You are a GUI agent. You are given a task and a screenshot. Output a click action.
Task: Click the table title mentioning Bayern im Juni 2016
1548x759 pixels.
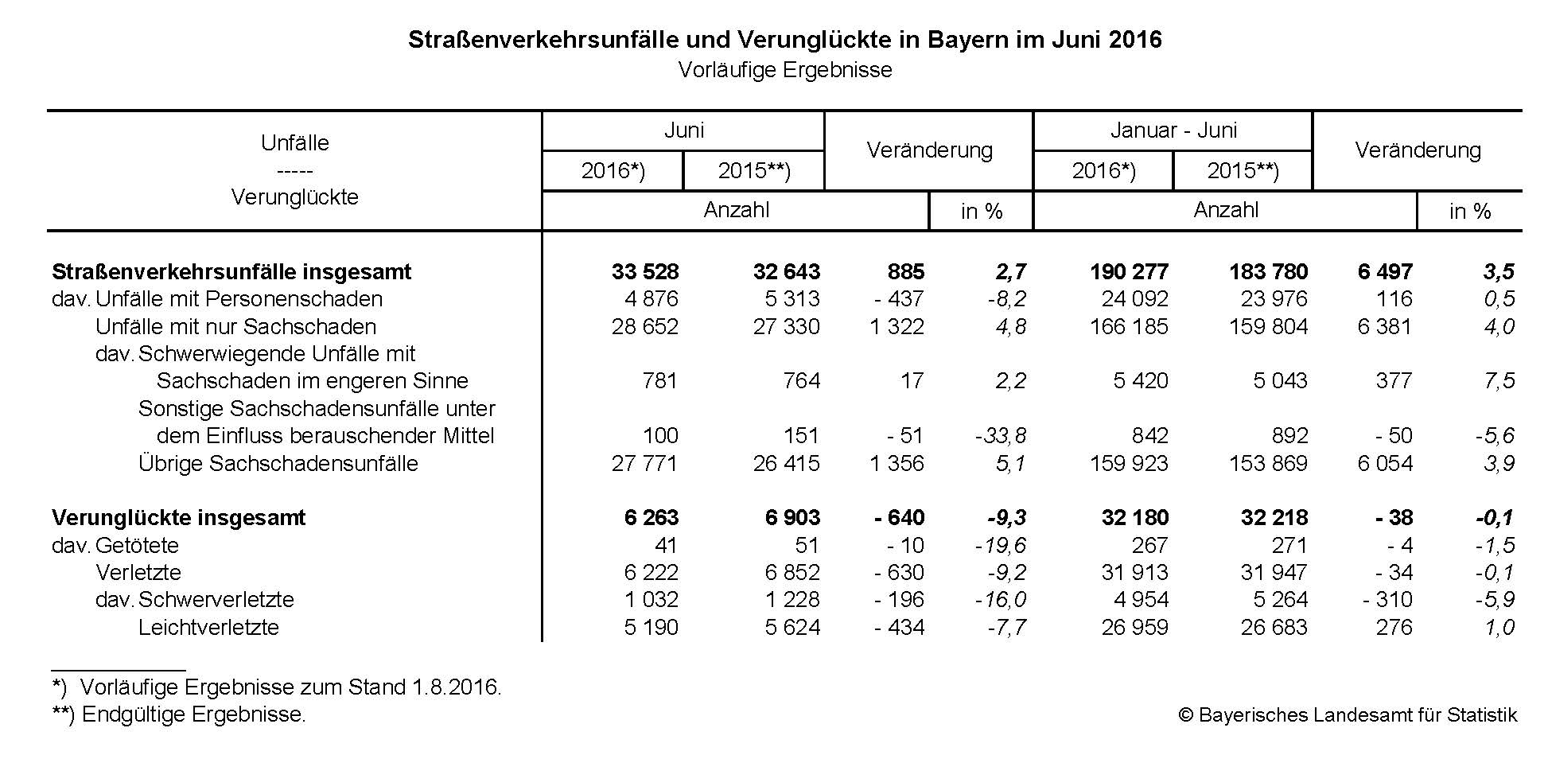784,40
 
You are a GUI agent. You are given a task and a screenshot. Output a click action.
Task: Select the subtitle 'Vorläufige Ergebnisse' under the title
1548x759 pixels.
784,70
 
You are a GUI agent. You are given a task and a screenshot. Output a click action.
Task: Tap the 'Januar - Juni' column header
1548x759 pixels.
1173,130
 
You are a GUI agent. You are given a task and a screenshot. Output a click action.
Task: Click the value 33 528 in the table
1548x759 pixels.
645,272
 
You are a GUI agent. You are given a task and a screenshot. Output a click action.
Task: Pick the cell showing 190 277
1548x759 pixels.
1129,272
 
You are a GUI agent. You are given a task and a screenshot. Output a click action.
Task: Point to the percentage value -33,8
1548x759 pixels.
1000,436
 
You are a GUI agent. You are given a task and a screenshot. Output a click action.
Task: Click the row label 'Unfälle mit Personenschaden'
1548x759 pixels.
239,299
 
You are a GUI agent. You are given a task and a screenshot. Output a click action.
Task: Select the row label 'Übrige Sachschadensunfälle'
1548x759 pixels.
278,464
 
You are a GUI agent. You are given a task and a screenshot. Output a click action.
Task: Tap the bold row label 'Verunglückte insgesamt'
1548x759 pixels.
178,518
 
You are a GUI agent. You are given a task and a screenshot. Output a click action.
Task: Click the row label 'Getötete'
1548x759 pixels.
137,546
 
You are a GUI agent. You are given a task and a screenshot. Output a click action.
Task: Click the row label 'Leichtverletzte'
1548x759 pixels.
208,628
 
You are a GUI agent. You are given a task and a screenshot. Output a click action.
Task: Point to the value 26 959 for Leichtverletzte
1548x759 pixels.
1134,628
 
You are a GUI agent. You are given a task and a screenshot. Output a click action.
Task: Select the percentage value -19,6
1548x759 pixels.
1000,546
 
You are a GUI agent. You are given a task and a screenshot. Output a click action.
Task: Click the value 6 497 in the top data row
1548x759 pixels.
1385,272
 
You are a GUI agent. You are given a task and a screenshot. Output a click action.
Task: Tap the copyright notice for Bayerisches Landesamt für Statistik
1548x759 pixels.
1348,715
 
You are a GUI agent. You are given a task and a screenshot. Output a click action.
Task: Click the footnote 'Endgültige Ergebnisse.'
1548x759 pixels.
193,714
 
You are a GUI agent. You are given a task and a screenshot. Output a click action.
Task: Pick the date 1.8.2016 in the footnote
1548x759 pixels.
455,687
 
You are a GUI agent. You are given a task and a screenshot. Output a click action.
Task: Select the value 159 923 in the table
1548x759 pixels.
1129,464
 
